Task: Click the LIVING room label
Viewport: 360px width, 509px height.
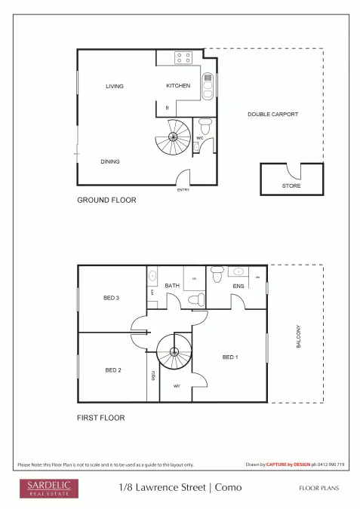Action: (x=114, y=87)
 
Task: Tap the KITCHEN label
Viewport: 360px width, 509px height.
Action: (x=178, y=86)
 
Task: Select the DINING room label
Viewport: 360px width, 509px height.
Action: (x=110, y=161)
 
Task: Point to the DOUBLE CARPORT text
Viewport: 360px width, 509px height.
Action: (x=273, y=115)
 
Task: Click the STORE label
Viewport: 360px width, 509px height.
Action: (x=291, y=185)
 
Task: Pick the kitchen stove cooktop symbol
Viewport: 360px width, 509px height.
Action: (x=183, y=57)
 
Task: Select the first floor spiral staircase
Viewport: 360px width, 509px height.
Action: (x=174, y=352)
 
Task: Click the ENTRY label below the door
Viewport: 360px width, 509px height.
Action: (x=183, y=190)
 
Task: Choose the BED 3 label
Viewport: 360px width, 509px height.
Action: (x=112, y=298)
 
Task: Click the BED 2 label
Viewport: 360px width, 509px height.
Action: (x=112, y=370)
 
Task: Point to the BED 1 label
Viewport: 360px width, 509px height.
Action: (x=230, y=357)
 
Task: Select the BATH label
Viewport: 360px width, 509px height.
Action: (x=172, y=286)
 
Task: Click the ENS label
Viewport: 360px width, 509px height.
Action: (x=238, y=287)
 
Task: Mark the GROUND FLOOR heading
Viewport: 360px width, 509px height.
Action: (x=106, y=201)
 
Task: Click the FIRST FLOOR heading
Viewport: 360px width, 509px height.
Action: (x=101, y=417)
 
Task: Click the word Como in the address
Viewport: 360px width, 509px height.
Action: (x=229, y=488)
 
